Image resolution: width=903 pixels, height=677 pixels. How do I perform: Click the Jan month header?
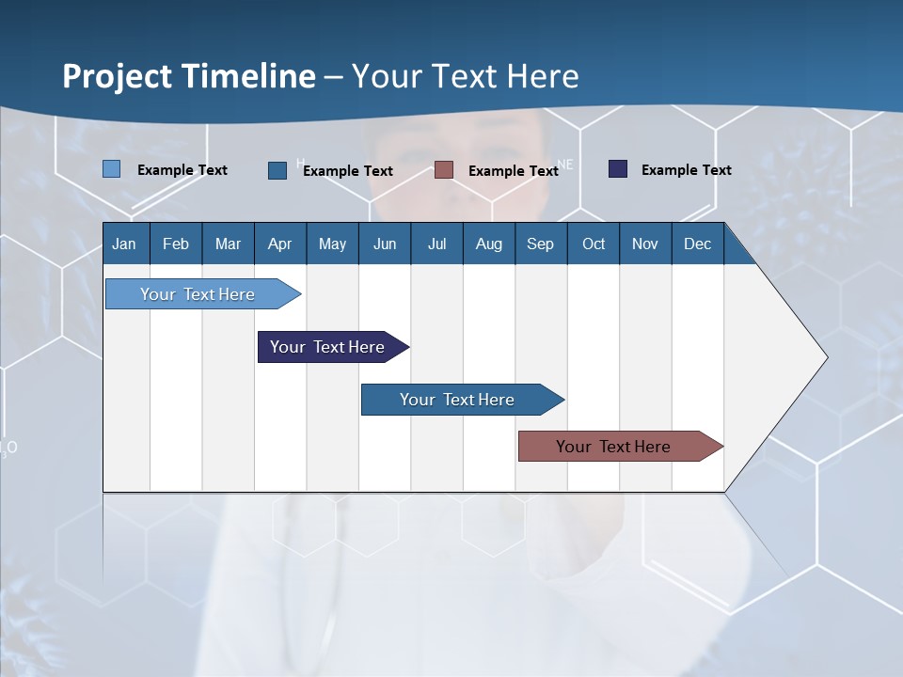click(124, 244)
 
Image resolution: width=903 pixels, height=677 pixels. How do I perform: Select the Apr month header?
click(279, 244)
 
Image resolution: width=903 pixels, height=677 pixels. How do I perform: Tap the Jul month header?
click(436, 244)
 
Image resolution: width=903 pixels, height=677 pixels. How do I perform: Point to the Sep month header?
click(540, 244)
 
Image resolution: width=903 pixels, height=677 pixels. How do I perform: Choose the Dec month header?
click(697, 244)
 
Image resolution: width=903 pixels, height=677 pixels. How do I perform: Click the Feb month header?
click(176, 244)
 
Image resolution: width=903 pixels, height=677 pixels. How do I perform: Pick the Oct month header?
click(594, 244)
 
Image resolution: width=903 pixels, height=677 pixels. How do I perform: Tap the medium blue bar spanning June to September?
click(458, 400)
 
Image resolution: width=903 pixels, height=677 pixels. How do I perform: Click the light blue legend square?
click(111, 169)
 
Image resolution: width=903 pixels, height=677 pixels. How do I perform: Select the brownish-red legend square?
click(444, 170)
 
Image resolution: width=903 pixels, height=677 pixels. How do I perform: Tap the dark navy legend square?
click(618, 169)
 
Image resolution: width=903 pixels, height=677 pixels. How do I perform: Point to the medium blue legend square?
click(277, 170)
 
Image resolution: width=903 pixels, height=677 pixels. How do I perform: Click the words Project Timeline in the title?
click(188, 76)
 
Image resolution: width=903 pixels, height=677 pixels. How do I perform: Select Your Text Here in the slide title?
click(465, 76)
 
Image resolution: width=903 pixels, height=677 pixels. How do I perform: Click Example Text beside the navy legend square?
click(686, 170)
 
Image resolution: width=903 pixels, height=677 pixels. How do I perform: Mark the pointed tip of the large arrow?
click(825, 357)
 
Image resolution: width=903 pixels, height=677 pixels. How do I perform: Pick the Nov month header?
click(645, 244)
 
